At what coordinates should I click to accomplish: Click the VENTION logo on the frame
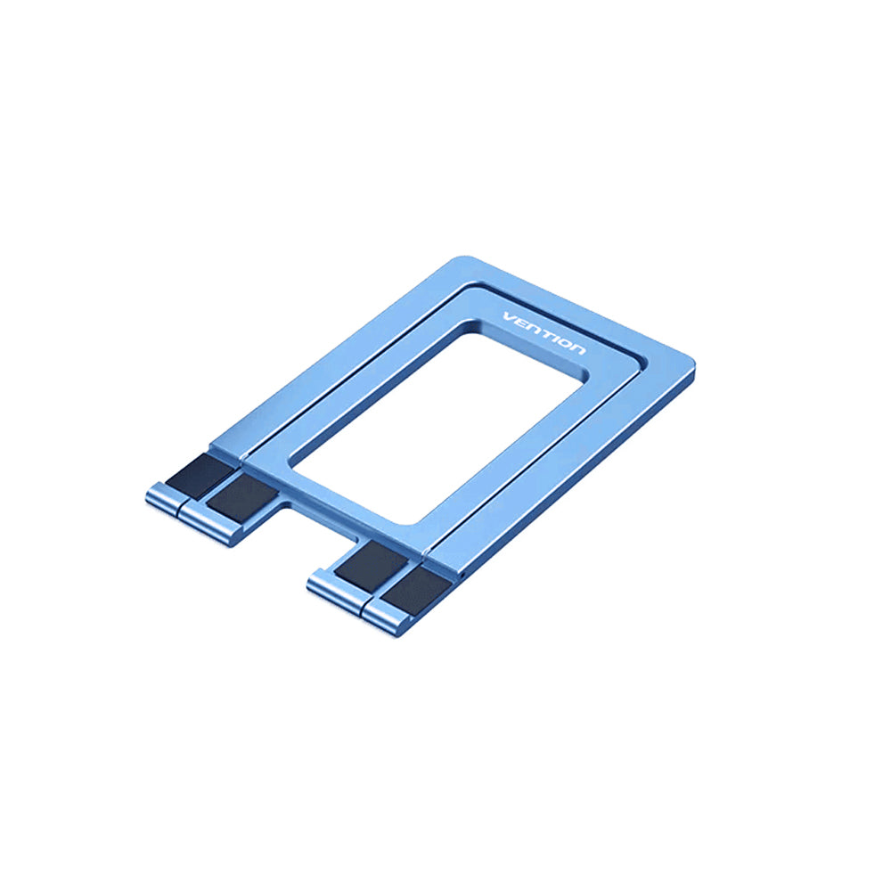544,333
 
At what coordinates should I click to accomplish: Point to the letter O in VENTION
564,343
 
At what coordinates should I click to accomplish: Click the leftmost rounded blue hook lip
163,498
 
